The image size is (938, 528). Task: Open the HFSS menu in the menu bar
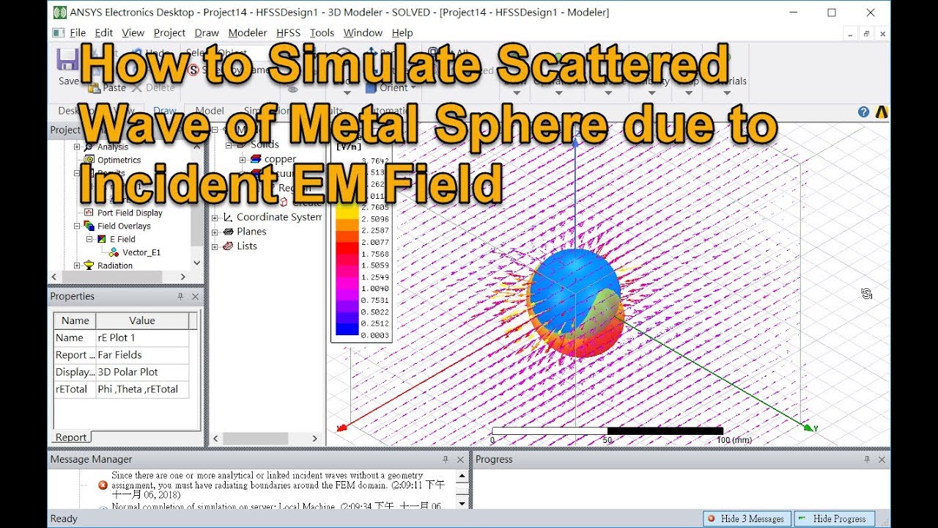tap(288, 33)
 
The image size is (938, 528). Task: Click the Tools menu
tap(322, 33)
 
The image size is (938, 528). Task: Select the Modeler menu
tap(248, 33)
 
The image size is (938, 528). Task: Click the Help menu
tap(402, 33)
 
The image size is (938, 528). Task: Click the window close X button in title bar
tap(871, 12)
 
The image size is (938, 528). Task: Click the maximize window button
tap(832, 12)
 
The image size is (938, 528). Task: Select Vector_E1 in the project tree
tap(141, 252)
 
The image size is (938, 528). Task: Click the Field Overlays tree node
tap(124, 226)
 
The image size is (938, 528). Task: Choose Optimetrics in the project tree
tap(119, 160)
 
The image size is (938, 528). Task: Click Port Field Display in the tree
tap(130, 213)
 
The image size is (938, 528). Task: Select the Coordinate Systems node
tap(278, 217)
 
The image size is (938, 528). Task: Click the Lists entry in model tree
tap(247, 246)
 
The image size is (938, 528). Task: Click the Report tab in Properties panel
tap(71, 437)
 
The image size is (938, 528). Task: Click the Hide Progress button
tap(835, 518)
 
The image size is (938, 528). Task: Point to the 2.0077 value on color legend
tap(374, 242)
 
